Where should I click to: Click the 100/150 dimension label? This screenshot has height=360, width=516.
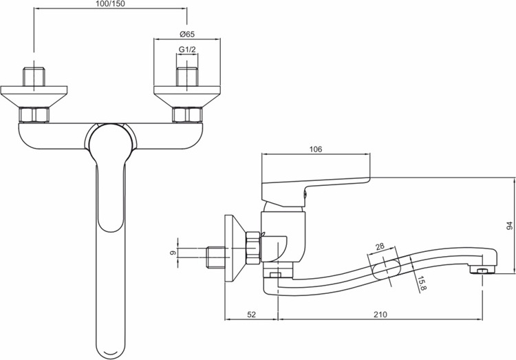point(111,4)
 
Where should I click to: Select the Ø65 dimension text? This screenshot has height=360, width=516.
point(187,34)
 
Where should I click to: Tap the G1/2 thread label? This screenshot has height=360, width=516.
point(187,49)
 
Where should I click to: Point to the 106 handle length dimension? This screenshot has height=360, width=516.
point(316,149)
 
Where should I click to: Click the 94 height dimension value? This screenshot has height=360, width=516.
point(509,226)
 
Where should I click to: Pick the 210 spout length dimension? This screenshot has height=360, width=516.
point(380,314)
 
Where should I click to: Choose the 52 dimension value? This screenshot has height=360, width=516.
point(251,314)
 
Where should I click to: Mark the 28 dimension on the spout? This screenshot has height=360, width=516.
point(380,246)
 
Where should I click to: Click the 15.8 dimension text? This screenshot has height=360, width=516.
point(422,284)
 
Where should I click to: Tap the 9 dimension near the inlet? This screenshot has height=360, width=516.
point(172,253)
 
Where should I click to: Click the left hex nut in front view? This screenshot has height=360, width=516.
point(34,115)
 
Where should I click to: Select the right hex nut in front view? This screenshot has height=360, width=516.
point(187,115)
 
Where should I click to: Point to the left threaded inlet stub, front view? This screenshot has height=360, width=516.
point(34,76)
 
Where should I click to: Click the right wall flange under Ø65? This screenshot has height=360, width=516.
point(187,96)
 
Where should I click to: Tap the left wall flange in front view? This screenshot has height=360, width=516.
point(34,96)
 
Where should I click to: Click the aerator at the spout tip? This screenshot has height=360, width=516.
point(482,270)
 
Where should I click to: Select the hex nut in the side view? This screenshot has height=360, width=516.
point(253,247)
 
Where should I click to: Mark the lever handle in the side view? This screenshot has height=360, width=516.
point(315,191)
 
